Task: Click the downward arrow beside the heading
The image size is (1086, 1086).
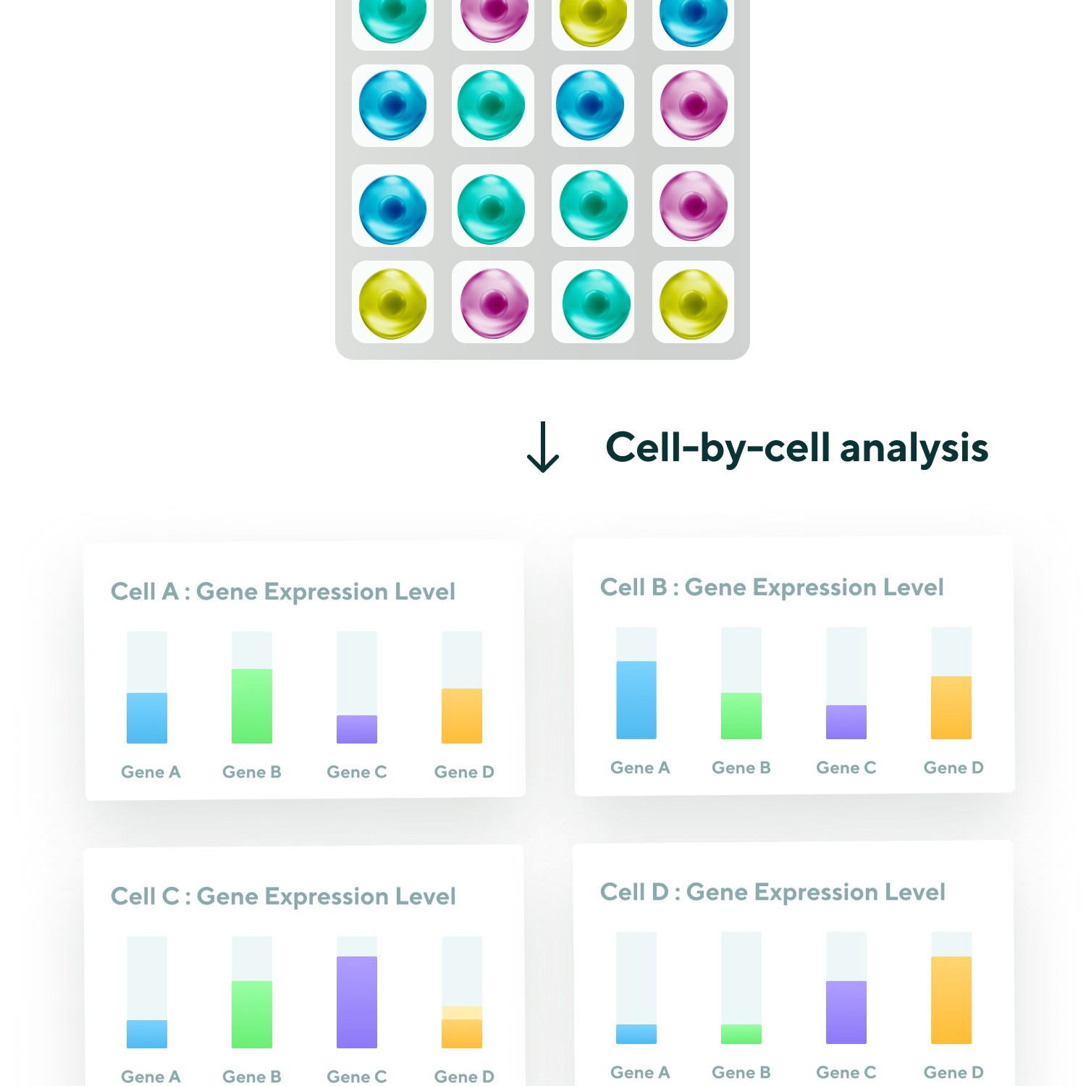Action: coord(543,447)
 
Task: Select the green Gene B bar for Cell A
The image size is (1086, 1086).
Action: coord(252,706)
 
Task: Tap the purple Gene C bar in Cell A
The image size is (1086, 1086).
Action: coord(357,729)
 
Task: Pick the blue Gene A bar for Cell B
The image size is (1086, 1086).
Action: coord(636,699)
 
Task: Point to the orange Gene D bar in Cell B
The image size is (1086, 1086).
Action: coord(951,707)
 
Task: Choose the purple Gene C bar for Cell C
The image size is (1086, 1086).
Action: coord(357,1002)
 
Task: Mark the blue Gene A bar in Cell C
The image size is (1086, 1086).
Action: coord(147,1034)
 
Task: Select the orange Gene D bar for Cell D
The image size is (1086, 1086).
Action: coord(951,1000)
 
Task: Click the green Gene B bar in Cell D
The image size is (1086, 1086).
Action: coord(741,1034)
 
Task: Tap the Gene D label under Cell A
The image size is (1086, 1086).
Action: coord(464,772)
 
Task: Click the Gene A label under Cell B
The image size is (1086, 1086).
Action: coord(640,767)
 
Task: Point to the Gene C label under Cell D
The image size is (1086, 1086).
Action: coord(846,1072)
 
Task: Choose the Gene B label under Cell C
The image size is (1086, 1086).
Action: coord(252,1077)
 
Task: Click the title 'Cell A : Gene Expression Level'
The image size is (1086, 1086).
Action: coord(283,592)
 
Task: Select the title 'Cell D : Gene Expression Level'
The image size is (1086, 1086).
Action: coord(773,892)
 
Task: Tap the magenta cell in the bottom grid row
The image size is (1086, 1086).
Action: coord(494,303)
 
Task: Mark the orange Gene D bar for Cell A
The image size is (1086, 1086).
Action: coord(462,715)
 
